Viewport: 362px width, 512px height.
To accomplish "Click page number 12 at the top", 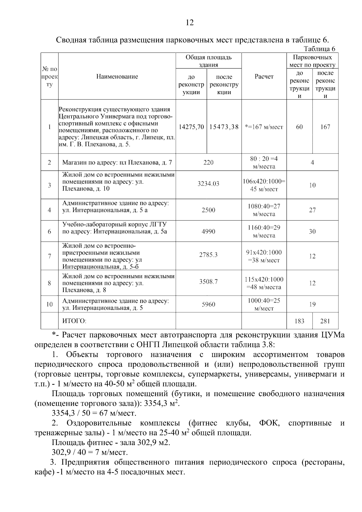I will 190,22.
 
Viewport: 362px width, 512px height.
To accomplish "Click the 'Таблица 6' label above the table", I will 319,49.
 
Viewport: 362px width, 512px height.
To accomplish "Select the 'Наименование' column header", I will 117,77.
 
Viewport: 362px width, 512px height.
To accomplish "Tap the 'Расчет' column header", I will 264,77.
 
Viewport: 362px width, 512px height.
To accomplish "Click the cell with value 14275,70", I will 191,127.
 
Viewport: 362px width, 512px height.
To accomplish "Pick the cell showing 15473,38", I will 224,127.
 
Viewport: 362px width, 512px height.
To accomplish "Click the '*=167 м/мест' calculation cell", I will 264,127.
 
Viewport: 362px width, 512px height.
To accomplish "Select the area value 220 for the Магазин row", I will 208,163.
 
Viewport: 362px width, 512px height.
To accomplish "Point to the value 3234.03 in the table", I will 208,184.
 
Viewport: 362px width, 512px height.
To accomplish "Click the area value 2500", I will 208,210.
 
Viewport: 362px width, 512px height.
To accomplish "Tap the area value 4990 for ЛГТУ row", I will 208,231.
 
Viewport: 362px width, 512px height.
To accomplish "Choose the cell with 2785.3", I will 208,255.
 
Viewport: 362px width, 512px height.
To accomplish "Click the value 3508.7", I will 208,282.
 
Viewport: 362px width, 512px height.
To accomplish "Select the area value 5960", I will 208,304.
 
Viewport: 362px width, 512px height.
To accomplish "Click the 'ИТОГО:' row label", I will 74,321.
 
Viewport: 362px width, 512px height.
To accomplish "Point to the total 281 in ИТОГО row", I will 325,321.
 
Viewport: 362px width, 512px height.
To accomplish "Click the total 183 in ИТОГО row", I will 299,321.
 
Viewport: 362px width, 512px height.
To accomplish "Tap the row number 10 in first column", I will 49,304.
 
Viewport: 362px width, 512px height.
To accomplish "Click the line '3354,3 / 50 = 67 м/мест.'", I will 94,413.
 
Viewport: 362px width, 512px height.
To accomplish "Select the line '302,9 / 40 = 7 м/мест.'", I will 90,453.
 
